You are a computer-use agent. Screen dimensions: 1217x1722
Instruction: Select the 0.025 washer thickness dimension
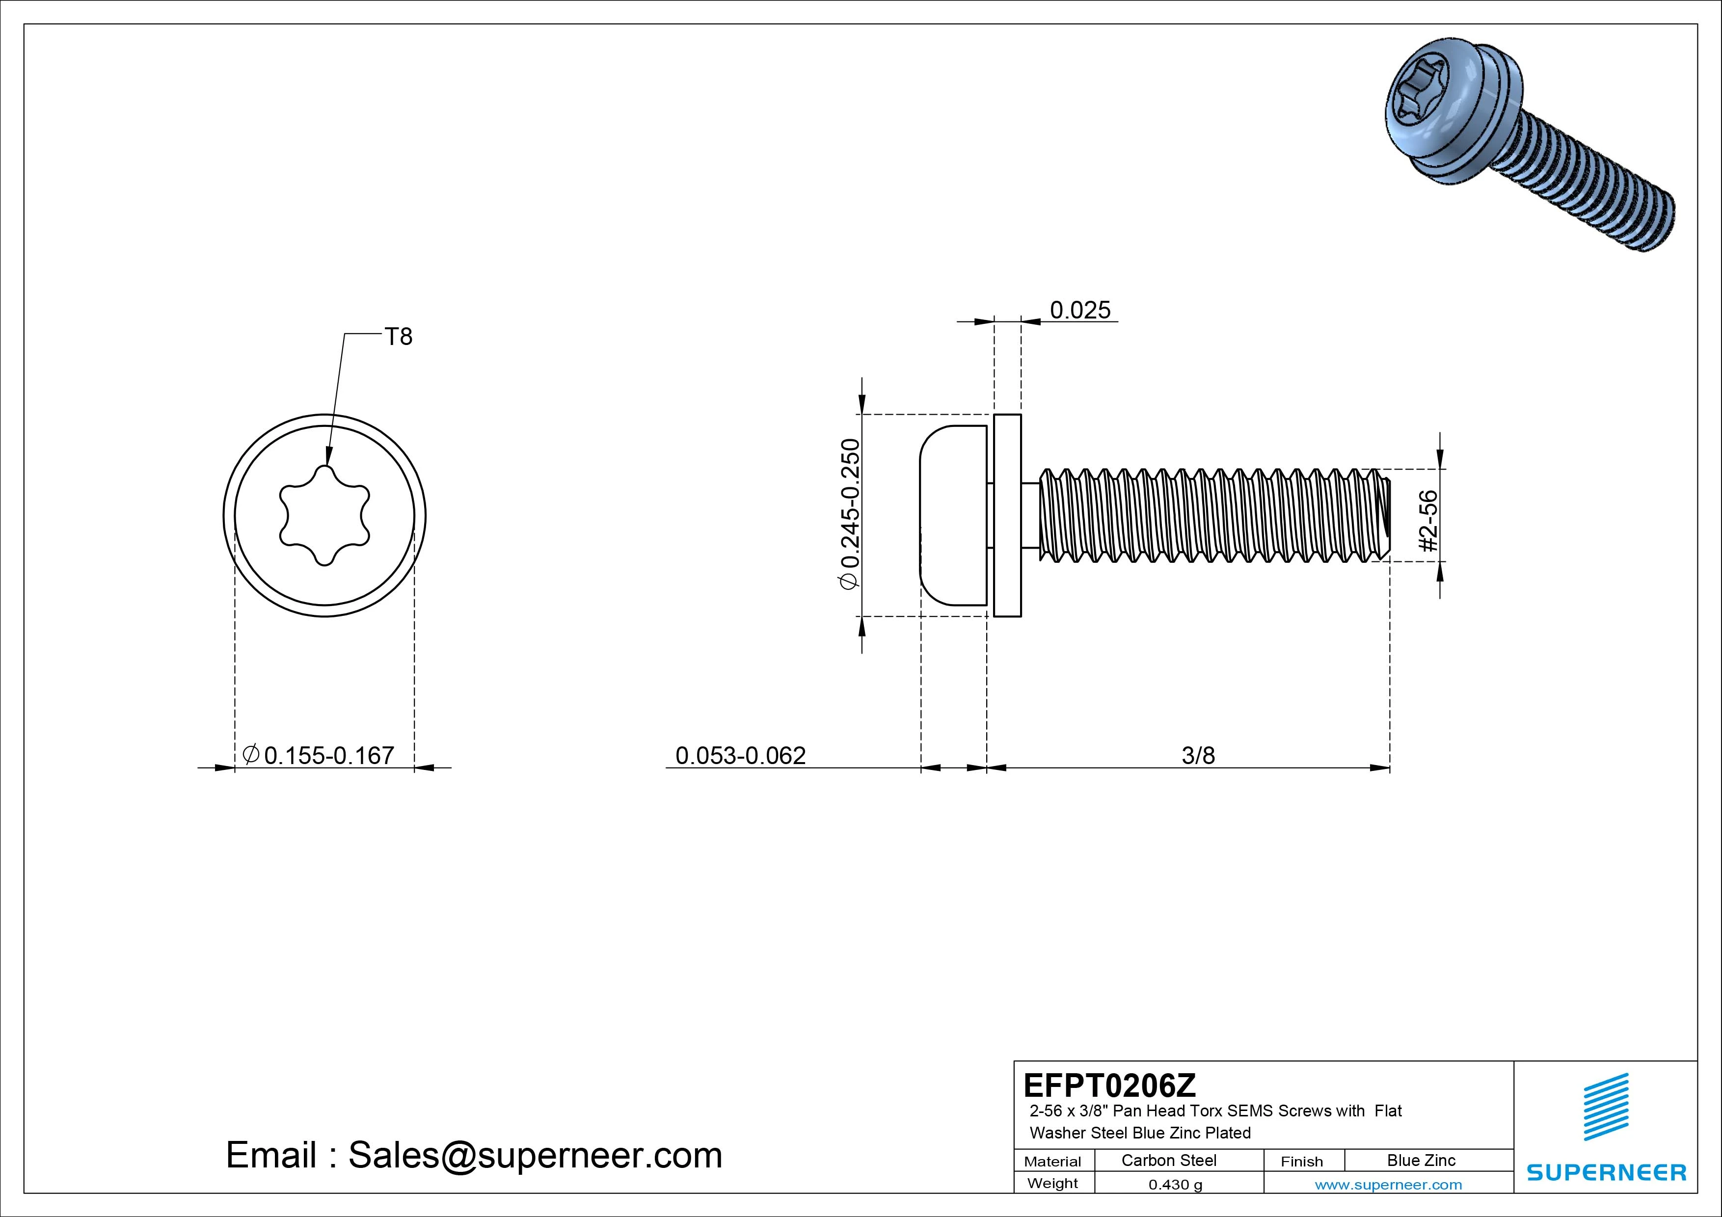1079,311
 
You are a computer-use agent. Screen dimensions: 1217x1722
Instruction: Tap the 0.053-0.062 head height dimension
740,755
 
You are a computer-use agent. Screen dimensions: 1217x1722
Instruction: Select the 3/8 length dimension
1198,755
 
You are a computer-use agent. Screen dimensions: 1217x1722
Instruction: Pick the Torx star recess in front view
324,515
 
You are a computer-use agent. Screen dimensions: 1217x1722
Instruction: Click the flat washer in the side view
1007,515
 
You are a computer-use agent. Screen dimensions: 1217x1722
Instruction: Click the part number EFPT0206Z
1109,1085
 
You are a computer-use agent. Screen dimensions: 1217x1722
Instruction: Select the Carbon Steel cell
1168,1161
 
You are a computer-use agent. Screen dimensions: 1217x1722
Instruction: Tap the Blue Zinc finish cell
1421,1161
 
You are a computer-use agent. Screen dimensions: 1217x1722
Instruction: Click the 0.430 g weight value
1175,1185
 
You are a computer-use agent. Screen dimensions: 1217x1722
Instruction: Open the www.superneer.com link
1388,1185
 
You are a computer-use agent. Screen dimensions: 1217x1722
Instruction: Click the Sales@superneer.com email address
535,1156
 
